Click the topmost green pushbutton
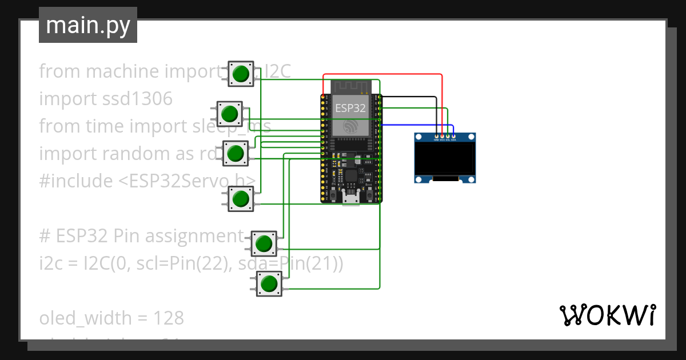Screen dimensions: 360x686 241,74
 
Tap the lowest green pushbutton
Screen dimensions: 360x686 268,283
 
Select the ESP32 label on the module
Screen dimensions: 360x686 350,108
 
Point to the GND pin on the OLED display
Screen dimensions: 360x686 436,136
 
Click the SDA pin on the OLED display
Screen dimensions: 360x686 453,136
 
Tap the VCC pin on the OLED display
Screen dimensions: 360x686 442,136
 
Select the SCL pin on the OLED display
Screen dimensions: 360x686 448,136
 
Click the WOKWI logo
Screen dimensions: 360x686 607,315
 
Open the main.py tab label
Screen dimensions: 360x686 87,25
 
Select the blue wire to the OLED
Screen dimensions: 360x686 417,125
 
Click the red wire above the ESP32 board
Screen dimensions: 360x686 383,74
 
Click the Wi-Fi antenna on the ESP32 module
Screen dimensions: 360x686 351,86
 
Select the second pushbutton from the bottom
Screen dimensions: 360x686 264,244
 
